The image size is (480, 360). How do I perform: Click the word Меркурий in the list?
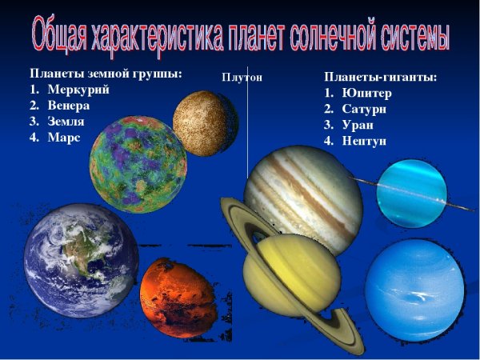click(78, 90)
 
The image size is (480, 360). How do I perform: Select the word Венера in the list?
click(68, 106)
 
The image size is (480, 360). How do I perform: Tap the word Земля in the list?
click(66, 122)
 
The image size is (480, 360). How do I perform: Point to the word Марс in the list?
click(64, 137)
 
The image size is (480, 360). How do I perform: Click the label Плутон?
click(242, 78)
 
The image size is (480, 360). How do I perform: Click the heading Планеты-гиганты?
click(380, 78)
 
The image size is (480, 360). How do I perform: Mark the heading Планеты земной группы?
click(105, 74)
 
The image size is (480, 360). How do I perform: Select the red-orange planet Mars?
click(178, 297)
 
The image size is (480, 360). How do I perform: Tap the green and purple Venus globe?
click(138, 164)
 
